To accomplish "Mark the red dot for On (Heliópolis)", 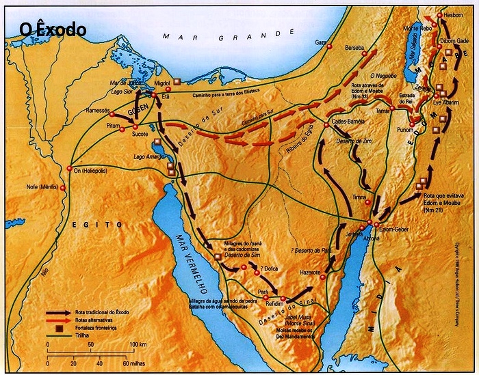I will (x=70, y=169).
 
